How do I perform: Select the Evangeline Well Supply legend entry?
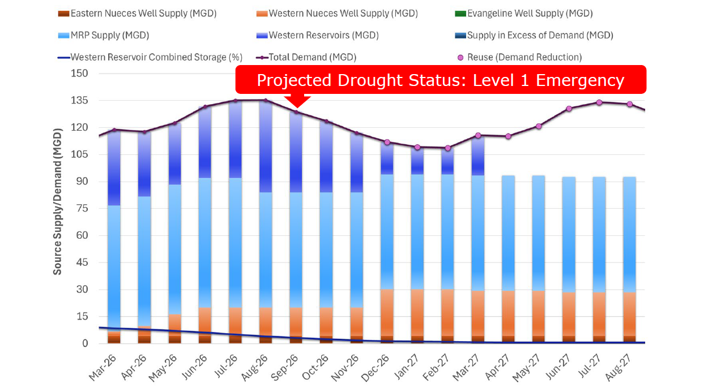click(x=530, y=13)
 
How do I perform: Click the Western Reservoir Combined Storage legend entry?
click(x=156, y=57)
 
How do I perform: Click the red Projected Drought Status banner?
click(x=441, y=80)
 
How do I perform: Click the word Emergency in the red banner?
click(x=580, y=80)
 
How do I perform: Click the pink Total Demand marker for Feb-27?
click(x=448, y=148)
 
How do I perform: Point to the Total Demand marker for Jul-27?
click(x=599, y=102)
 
